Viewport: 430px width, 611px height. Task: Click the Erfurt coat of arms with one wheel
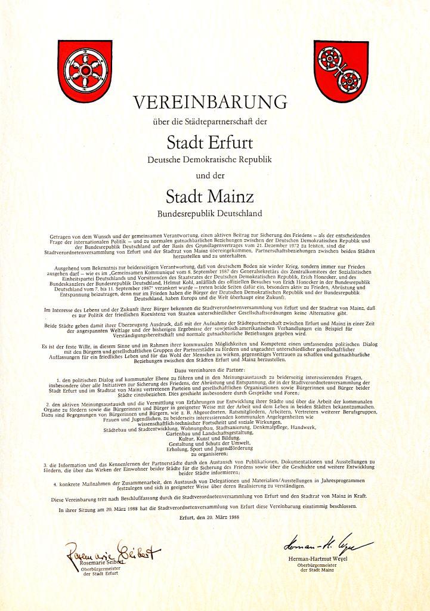[x=85, y=71]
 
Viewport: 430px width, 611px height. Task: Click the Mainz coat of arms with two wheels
[x=341, y=71]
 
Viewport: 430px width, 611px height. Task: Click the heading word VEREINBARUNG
[x=209, y=102]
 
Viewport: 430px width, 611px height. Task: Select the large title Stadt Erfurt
[x=209, y=143]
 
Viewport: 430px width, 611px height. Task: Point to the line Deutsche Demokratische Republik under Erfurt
[x=209, y=160]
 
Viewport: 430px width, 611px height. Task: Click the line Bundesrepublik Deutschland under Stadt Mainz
[x=209, y=212]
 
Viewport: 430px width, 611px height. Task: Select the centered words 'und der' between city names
[x=209, y=175]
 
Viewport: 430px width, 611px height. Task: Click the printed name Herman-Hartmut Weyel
[x=326, y=558]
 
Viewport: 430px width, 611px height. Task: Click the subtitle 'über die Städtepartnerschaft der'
[x=209, y=123]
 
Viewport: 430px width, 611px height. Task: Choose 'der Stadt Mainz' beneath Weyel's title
[x=326, y=571]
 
